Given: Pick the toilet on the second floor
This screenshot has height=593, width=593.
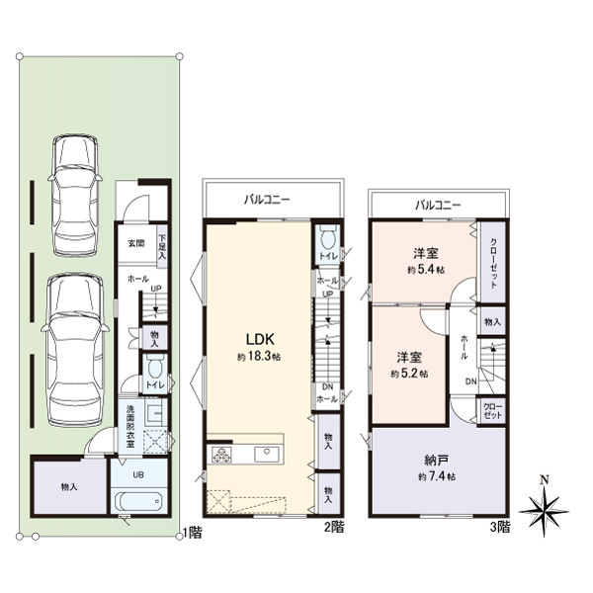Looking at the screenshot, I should pyautogui.click(x=328, y=238).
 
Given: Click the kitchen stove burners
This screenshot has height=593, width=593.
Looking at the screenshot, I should pyautogui.click(x=220, y=455).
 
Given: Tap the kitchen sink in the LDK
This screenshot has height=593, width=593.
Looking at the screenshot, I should pyautogui.click(x=265, y=454).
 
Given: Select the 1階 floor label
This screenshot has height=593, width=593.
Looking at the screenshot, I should pyautogui.click(x=194, y=532).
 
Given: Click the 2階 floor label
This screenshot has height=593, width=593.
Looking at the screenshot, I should pyautogui.click(x=335, y=526).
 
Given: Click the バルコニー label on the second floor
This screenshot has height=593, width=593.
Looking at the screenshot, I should pyautogui.click(x=269, y=200).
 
